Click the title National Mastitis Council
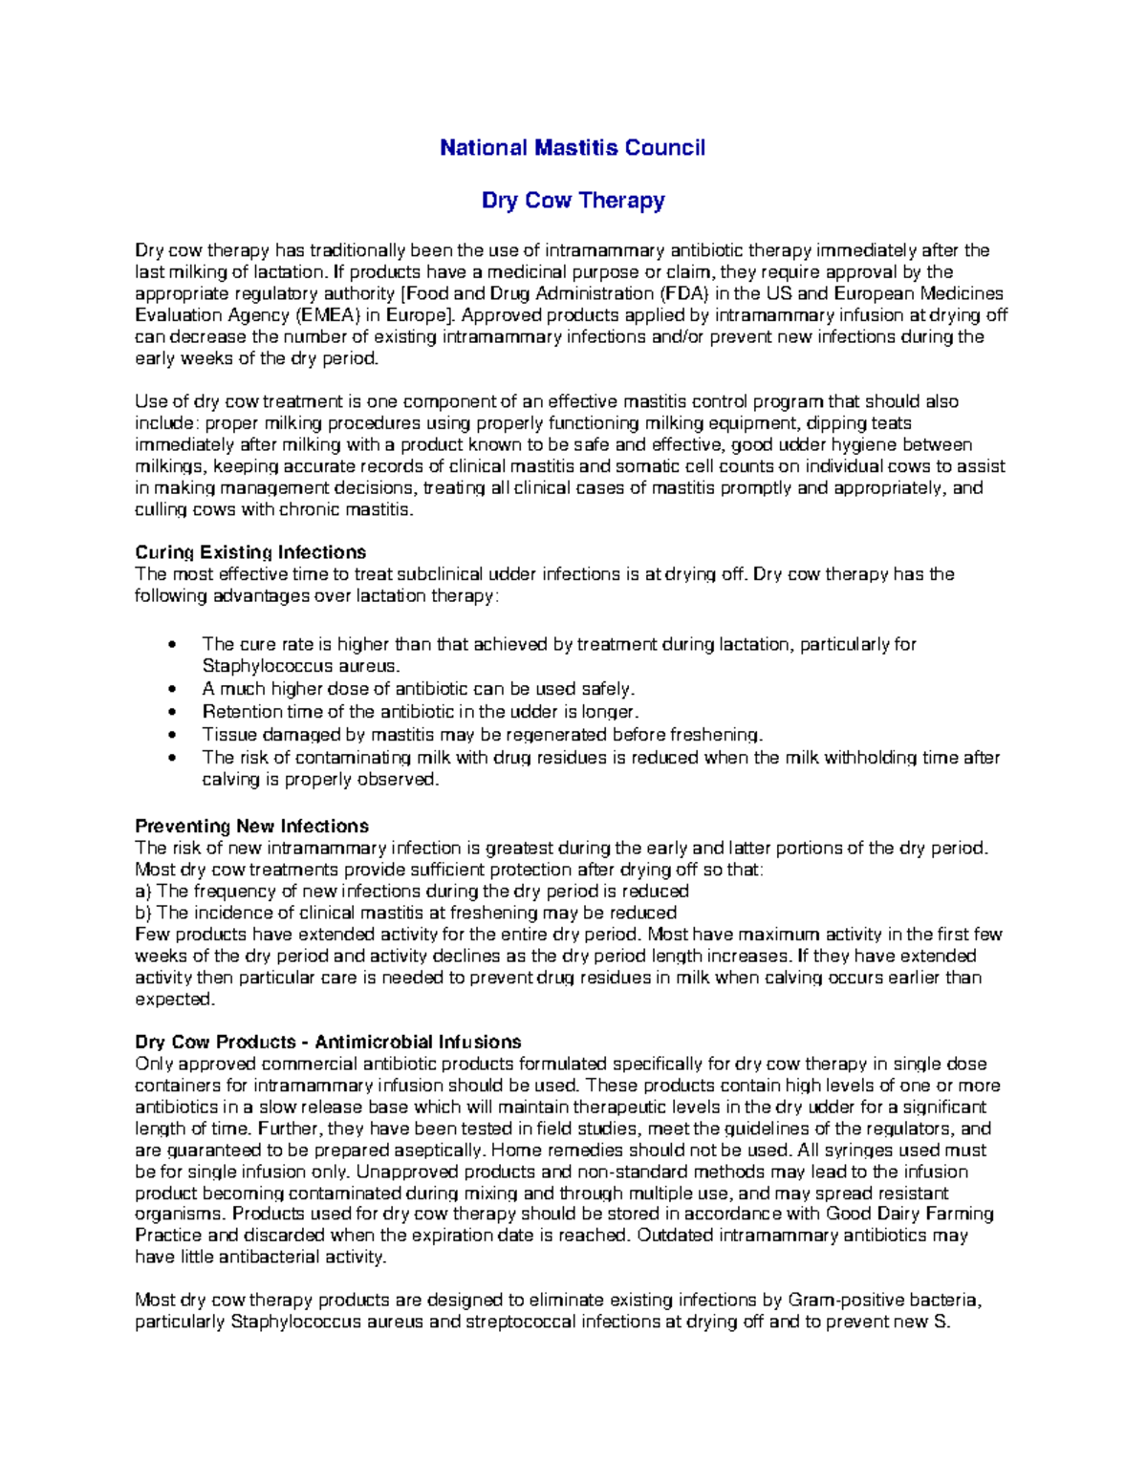(x=572, y=148)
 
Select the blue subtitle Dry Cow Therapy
(x=573, y=201)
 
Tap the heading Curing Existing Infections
(x=250, y=552)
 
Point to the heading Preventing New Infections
(x=251, y=826)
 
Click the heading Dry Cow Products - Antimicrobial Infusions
(x=328, y=1042)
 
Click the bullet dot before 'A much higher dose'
(x=172, y=689)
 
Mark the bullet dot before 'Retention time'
(x=172, y=712)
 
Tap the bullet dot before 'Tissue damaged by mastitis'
(x=172, y=735)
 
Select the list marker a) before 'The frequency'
(x=143, y=891)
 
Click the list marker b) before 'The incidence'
(x=143, y=913)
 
